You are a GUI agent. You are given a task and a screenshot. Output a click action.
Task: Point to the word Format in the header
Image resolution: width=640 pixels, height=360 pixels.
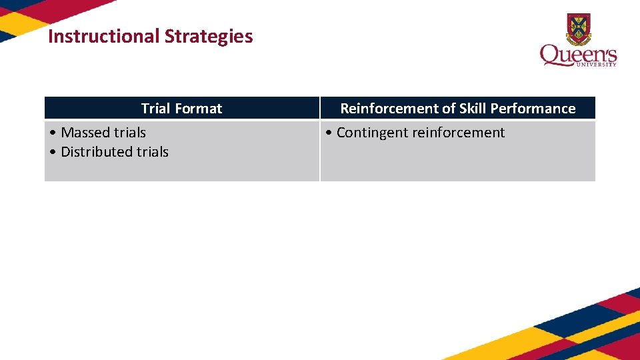[198, 109]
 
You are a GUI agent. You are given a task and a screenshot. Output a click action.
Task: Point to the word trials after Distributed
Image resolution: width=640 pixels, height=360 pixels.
[152, 152]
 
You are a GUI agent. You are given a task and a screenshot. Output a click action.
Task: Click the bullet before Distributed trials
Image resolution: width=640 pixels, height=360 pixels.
[53, 153]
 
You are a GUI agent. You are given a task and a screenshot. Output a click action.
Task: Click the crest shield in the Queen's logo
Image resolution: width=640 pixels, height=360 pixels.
[578, 28]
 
